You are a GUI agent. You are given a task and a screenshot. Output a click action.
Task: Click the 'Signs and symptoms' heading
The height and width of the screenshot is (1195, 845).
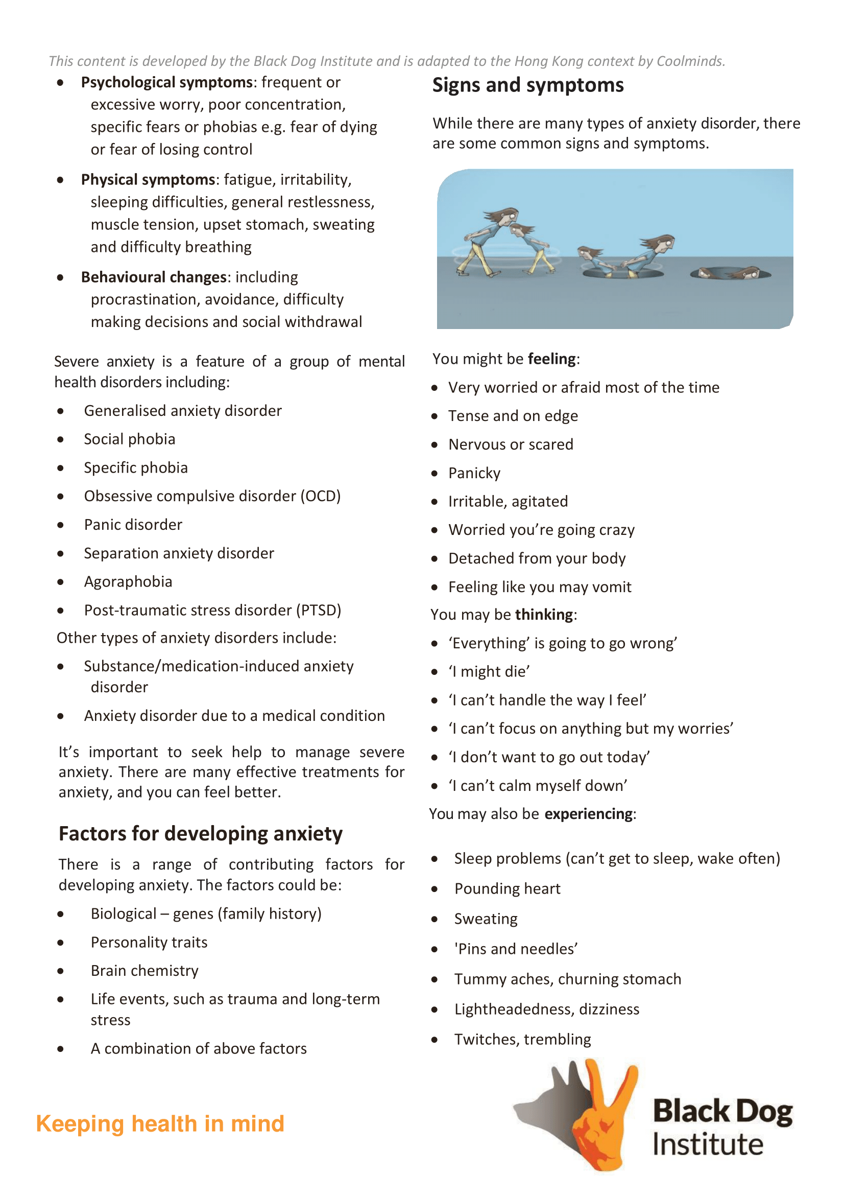(x=527, y=85)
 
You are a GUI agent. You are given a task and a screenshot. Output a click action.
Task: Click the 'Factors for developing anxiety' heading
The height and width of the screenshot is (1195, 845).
(x=200, y=834)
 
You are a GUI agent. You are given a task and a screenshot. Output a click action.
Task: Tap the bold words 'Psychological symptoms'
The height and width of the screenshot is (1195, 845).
(x=166, y=82)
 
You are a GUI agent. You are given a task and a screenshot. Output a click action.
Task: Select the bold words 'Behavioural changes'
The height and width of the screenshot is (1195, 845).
(x=154, y=277)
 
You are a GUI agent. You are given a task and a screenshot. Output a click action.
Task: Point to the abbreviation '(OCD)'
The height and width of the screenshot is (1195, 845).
(x=320, y=496)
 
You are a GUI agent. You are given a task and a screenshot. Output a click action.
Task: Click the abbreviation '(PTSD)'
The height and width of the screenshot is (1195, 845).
(x=319, y=610)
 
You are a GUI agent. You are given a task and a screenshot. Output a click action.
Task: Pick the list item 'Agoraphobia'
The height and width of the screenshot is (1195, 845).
(x=128, y=581)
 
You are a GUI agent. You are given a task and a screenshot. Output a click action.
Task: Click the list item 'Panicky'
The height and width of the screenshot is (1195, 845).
(x=474, y=473)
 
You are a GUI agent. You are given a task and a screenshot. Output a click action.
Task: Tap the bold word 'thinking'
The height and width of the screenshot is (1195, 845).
(x=544, y=615)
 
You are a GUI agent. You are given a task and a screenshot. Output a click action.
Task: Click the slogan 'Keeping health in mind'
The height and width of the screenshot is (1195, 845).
(x=160, y=1123)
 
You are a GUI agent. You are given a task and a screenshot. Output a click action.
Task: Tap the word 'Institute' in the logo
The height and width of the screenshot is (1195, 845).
(x=708, y=1144)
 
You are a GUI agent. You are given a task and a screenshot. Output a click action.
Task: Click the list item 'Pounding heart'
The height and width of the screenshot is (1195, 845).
(x=508, y=888)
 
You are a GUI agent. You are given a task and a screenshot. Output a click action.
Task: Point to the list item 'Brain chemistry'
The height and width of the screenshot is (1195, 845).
(x=144, y=971)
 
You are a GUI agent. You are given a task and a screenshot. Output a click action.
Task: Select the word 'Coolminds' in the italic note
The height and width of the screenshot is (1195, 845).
(x=690, y=61)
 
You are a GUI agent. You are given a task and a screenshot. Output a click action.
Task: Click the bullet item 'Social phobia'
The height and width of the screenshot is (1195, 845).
(x=130, y=439)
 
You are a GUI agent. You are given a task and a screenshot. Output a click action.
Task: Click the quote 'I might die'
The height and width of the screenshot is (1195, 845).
(x=489, y=672)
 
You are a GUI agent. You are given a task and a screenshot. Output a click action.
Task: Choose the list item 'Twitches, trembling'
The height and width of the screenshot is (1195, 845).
(x=522, y=1039)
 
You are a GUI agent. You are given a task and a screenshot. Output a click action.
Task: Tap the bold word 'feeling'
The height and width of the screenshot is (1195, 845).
(x=551, y=359)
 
